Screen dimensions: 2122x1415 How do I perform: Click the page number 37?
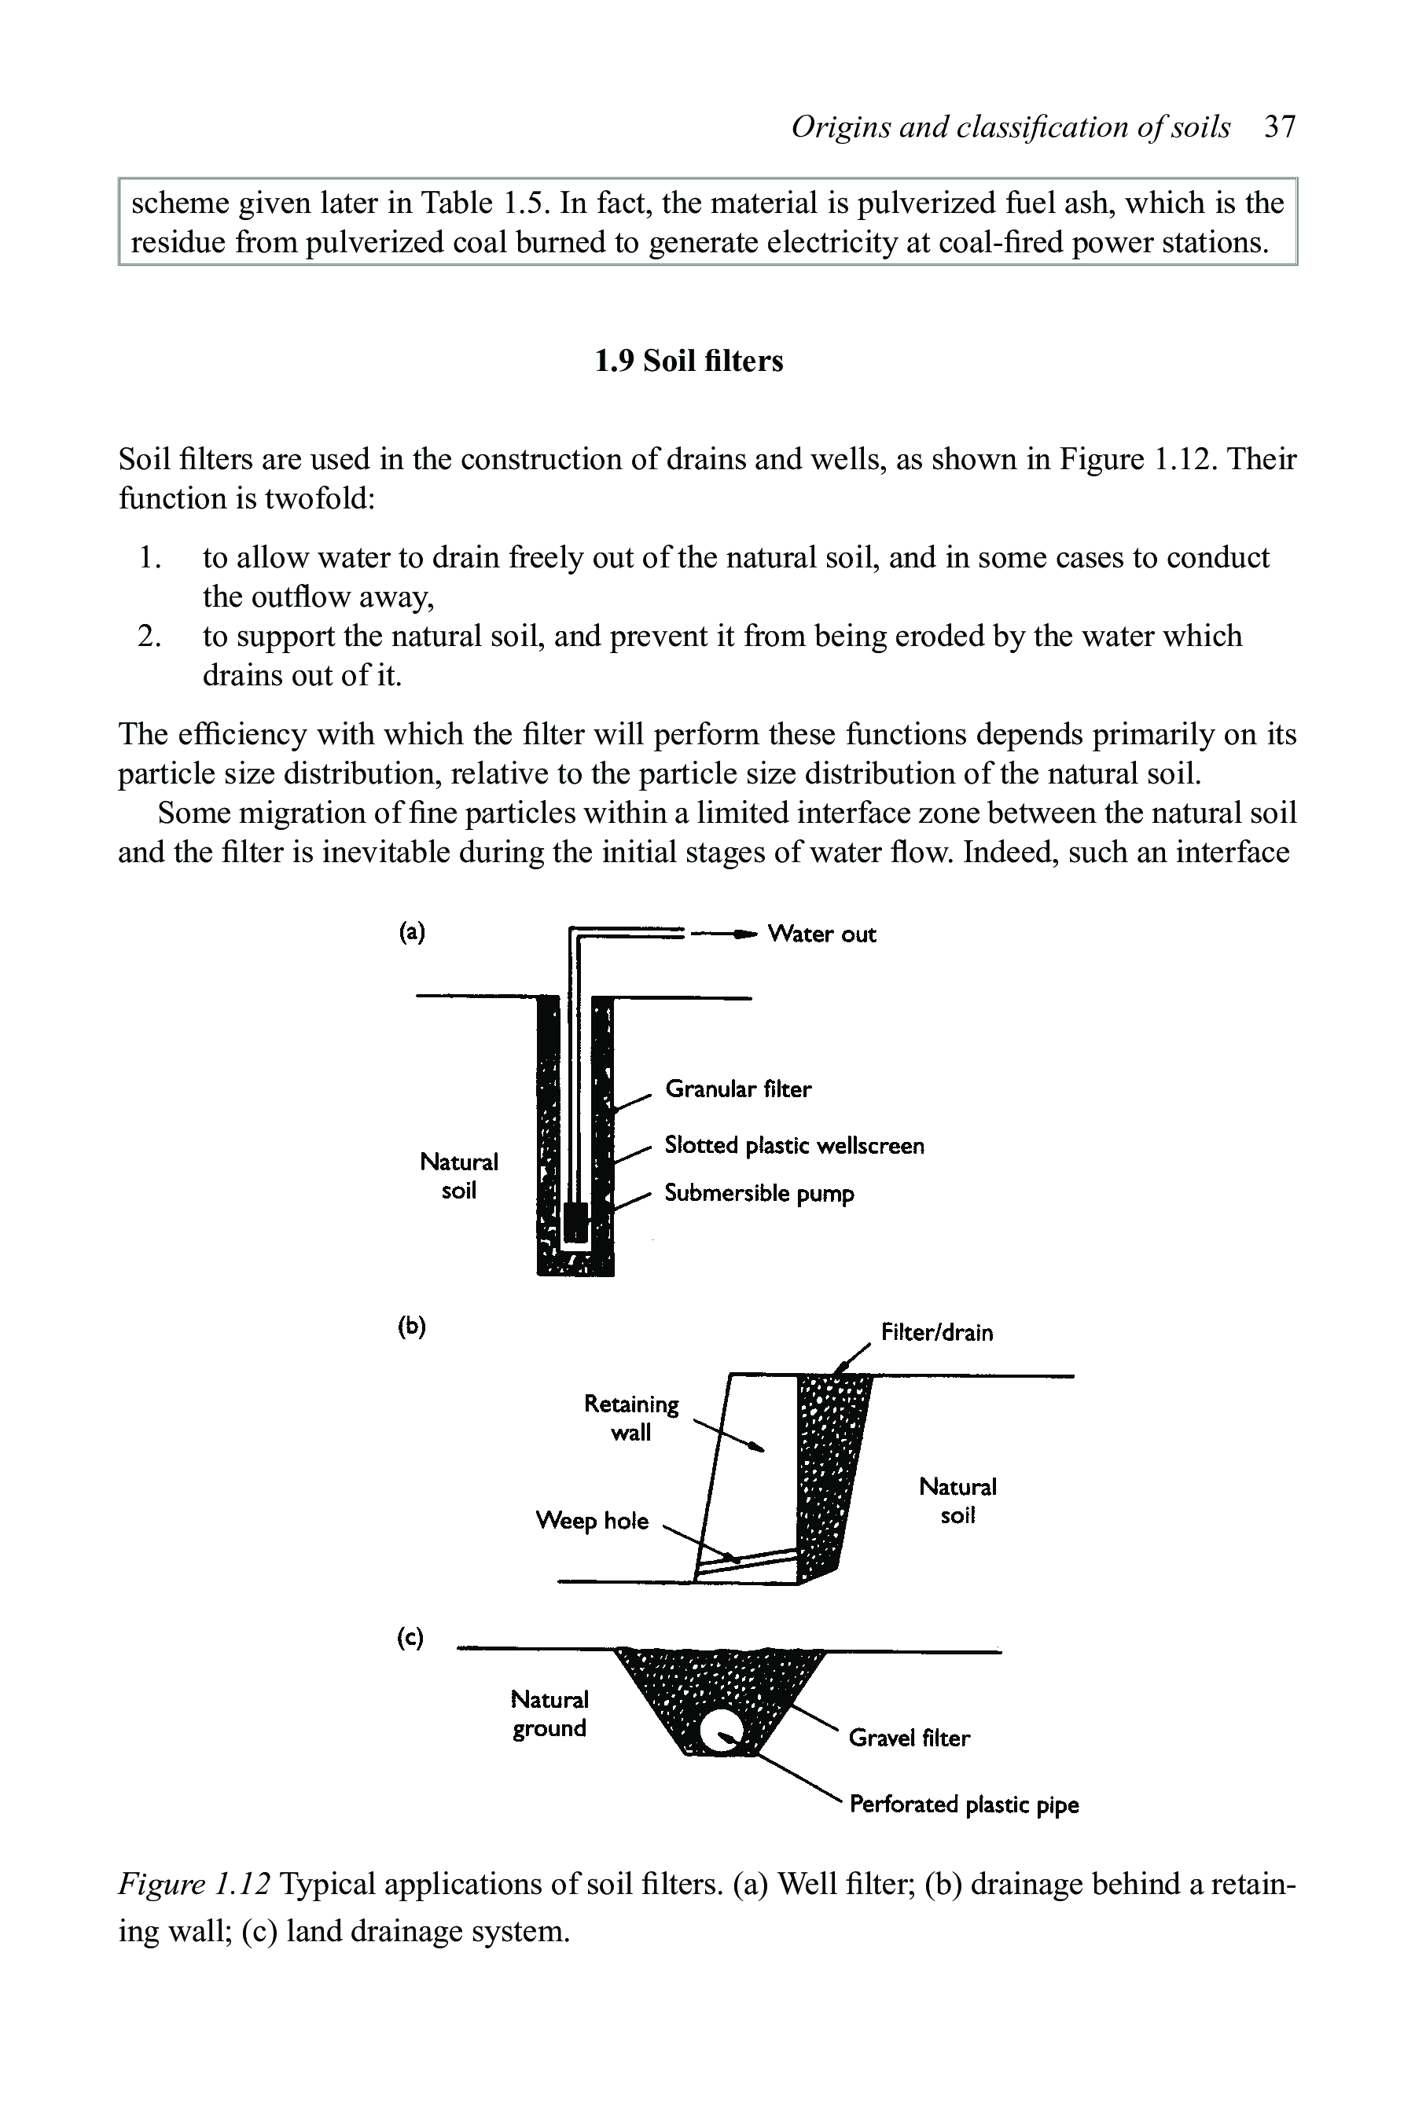click(1280, 127)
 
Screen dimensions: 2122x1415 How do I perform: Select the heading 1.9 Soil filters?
click(689, 361)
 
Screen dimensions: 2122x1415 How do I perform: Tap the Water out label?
click(821, 934)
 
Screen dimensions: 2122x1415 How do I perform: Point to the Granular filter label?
click(737, 1089)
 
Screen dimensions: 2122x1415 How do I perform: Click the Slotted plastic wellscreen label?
click(794, 1146)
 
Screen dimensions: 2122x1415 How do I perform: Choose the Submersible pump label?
click(759, 1194)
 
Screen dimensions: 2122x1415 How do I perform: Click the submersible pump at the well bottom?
click(575, 1221)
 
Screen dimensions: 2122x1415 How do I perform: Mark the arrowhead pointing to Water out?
click(744, 934)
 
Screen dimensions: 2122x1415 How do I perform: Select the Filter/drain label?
click(937, 1333)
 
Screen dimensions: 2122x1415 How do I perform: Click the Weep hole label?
click(592, 1521)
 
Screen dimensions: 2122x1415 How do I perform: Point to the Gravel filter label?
click(909, 1738)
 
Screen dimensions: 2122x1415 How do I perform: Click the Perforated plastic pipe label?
click(964, 1804)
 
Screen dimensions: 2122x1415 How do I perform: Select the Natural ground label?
click(549, 1714)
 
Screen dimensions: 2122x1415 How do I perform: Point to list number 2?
click(149, 636)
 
